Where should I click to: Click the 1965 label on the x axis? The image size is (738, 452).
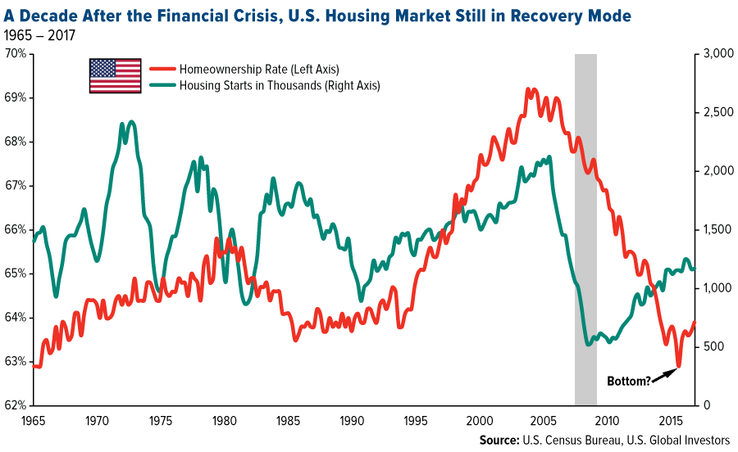[34, 421]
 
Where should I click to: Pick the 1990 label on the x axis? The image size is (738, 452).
[351, 421]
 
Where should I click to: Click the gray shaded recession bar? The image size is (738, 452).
[585, 229]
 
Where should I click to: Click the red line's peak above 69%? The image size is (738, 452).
[531, 89]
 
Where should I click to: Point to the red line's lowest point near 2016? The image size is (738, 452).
[678, 366]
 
